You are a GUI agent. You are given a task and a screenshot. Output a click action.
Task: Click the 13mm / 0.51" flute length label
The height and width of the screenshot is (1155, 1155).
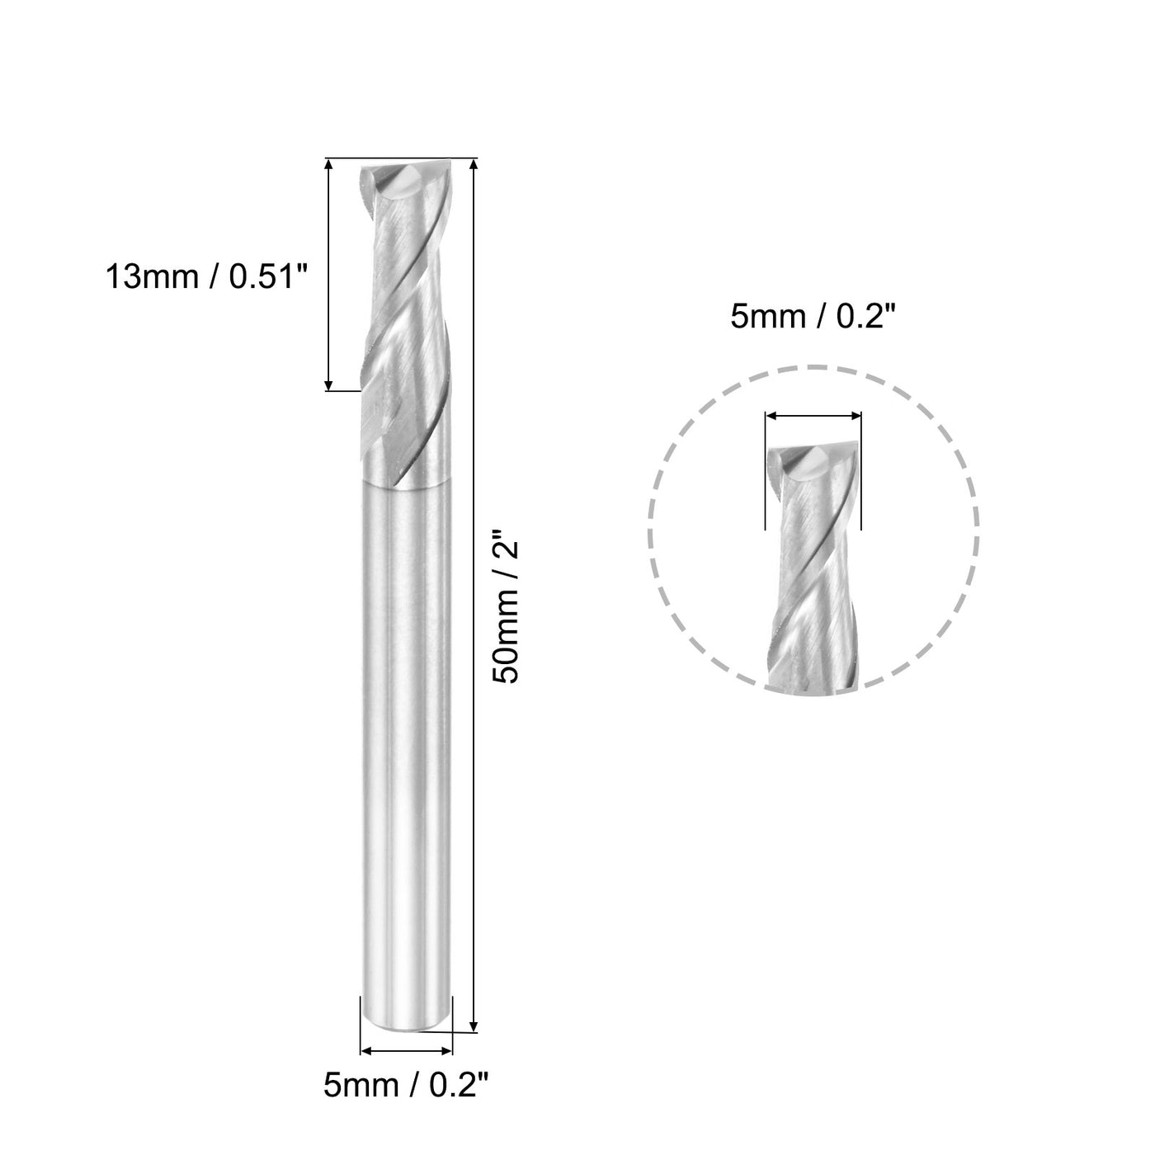(x=205, y=277)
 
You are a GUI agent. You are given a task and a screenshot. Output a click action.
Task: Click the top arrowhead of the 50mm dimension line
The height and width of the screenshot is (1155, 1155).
(x=473, y=165)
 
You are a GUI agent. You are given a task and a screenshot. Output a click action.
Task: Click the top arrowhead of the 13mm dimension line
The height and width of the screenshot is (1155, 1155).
(x=329, y=165)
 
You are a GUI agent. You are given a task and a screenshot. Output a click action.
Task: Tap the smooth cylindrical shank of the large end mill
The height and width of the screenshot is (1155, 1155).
(x=408, y=742)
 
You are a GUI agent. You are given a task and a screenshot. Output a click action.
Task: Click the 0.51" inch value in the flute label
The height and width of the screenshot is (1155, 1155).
(x=266, y=277)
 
